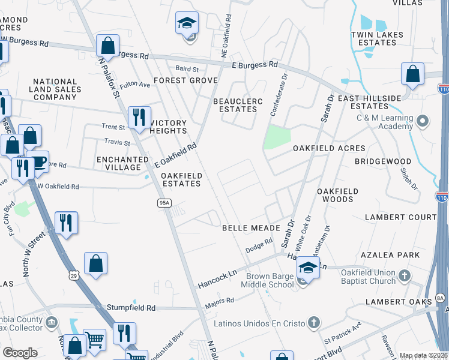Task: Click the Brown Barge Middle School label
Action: coord(270,280)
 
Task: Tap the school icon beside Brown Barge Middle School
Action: coord(308,268)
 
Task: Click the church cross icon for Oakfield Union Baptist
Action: coord(405,276)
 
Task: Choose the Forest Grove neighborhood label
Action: coord(185,80)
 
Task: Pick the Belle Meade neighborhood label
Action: coord(251,229)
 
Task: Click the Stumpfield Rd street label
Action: coord(131,308)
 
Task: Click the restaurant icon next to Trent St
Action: coord(139,117)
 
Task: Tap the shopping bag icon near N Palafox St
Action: coord(107,45)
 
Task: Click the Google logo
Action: coord(20,352)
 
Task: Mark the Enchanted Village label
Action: coord(122,163)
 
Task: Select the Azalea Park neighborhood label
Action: coord(395,255)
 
